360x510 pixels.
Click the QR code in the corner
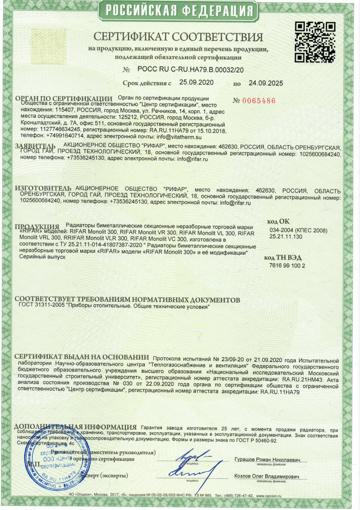(312, 42)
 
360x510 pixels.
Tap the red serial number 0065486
(257, 101)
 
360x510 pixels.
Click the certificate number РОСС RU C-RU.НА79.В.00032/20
(190, 70)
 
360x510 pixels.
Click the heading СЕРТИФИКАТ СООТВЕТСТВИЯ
(178, 37)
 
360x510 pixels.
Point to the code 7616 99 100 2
(288, 266)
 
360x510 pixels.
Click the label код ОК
(278, 222)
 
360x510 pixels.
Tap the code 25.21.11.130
(286, 237)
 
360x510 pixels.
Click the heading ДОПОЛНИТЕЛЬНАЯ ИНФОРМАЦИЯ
(75, 426)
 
